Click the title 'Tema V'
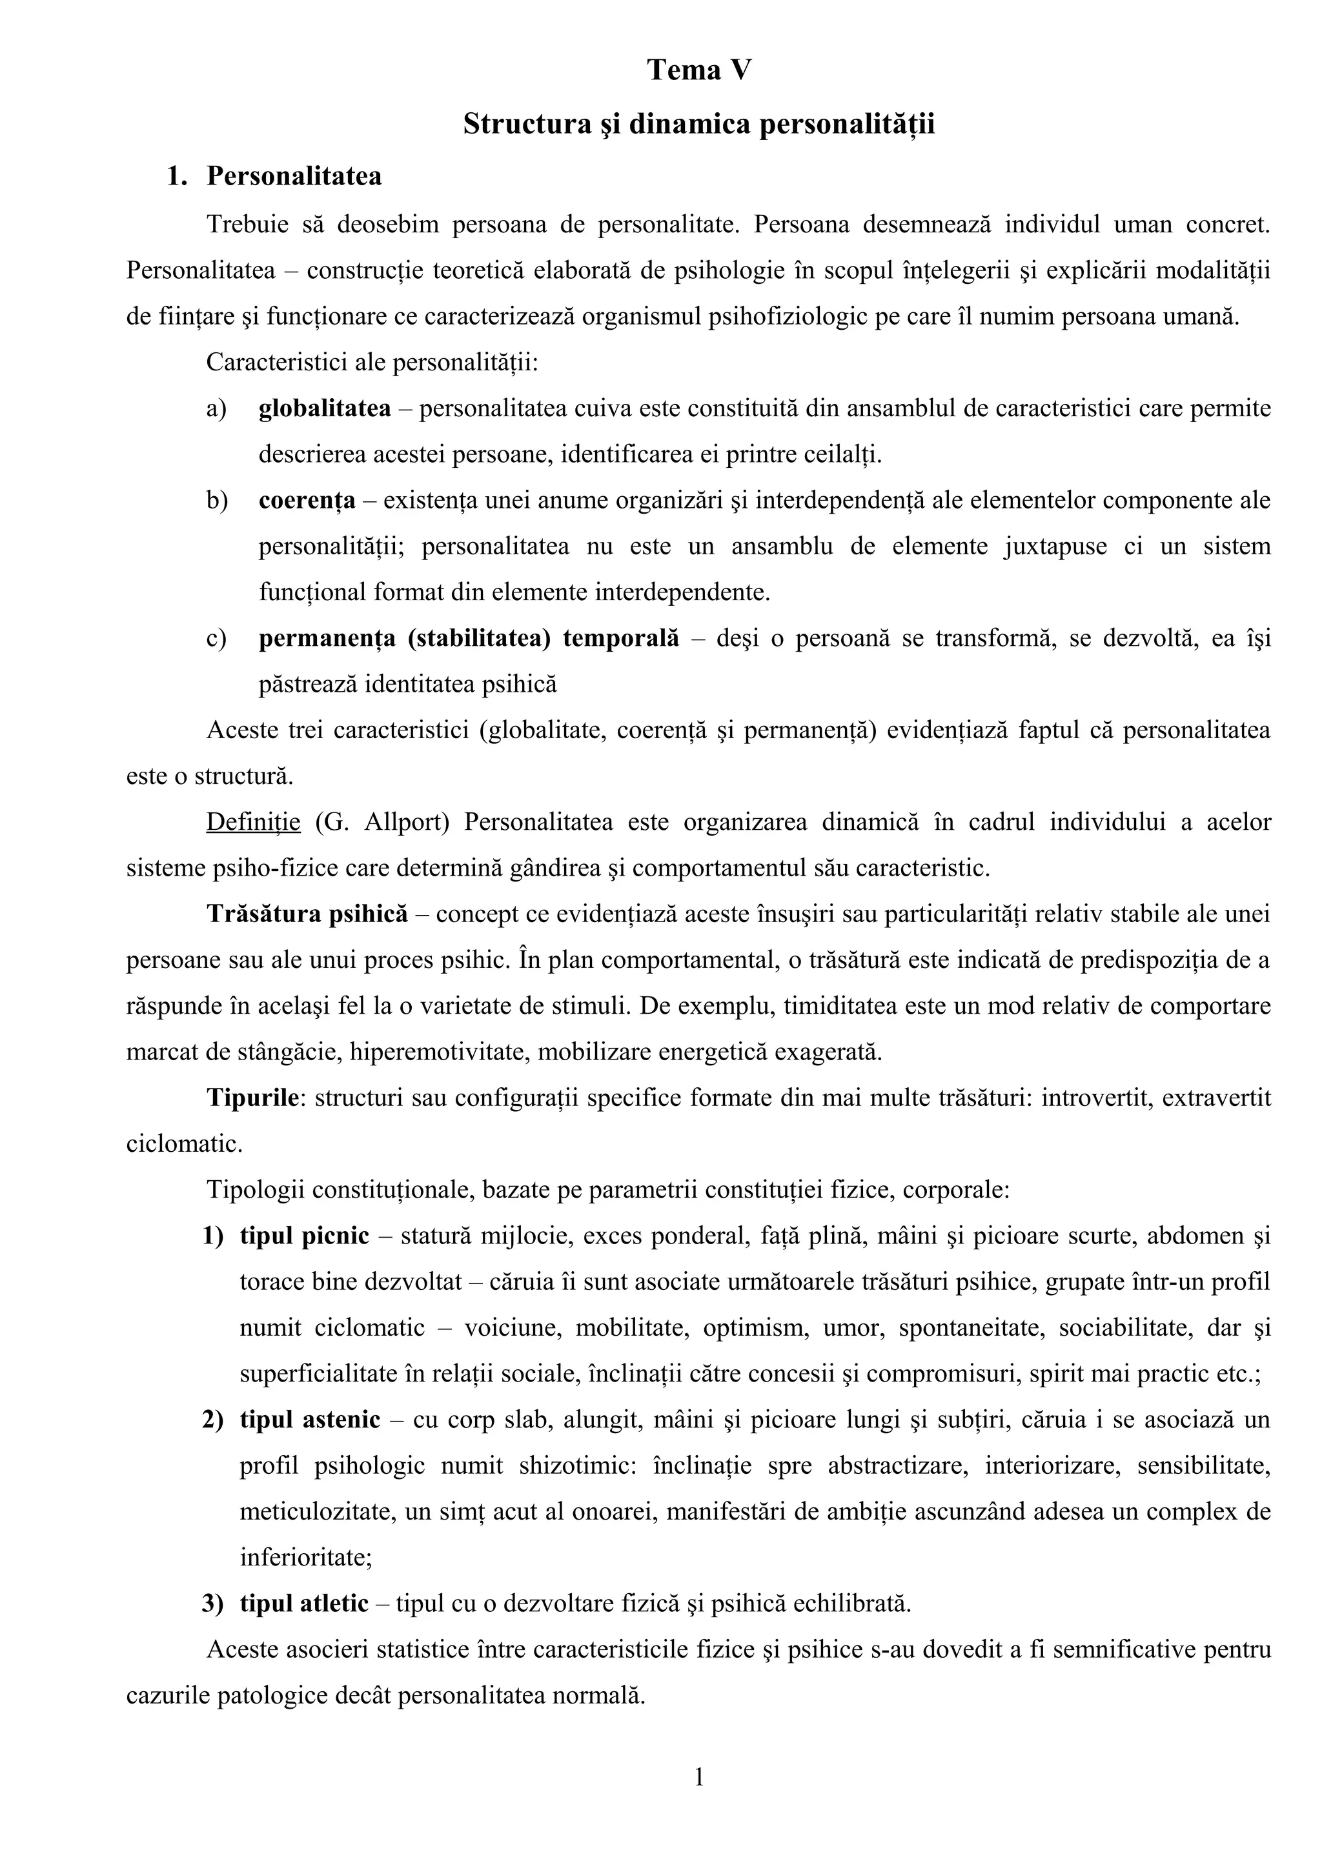coord(699,71)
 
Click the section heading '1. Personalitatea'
coord(274,176)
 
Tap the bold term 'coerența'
coord(307,500)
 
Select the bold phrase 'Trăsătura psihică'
coord(307,914)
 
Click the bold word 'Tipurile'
coord(253,1098)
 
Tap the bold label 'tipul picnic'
coord(304,1236)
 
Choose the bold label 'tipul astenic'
coord(310,1420)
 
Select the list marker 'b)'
coord(217,500)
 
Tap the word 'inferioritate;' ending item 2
coord(305,1558)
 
